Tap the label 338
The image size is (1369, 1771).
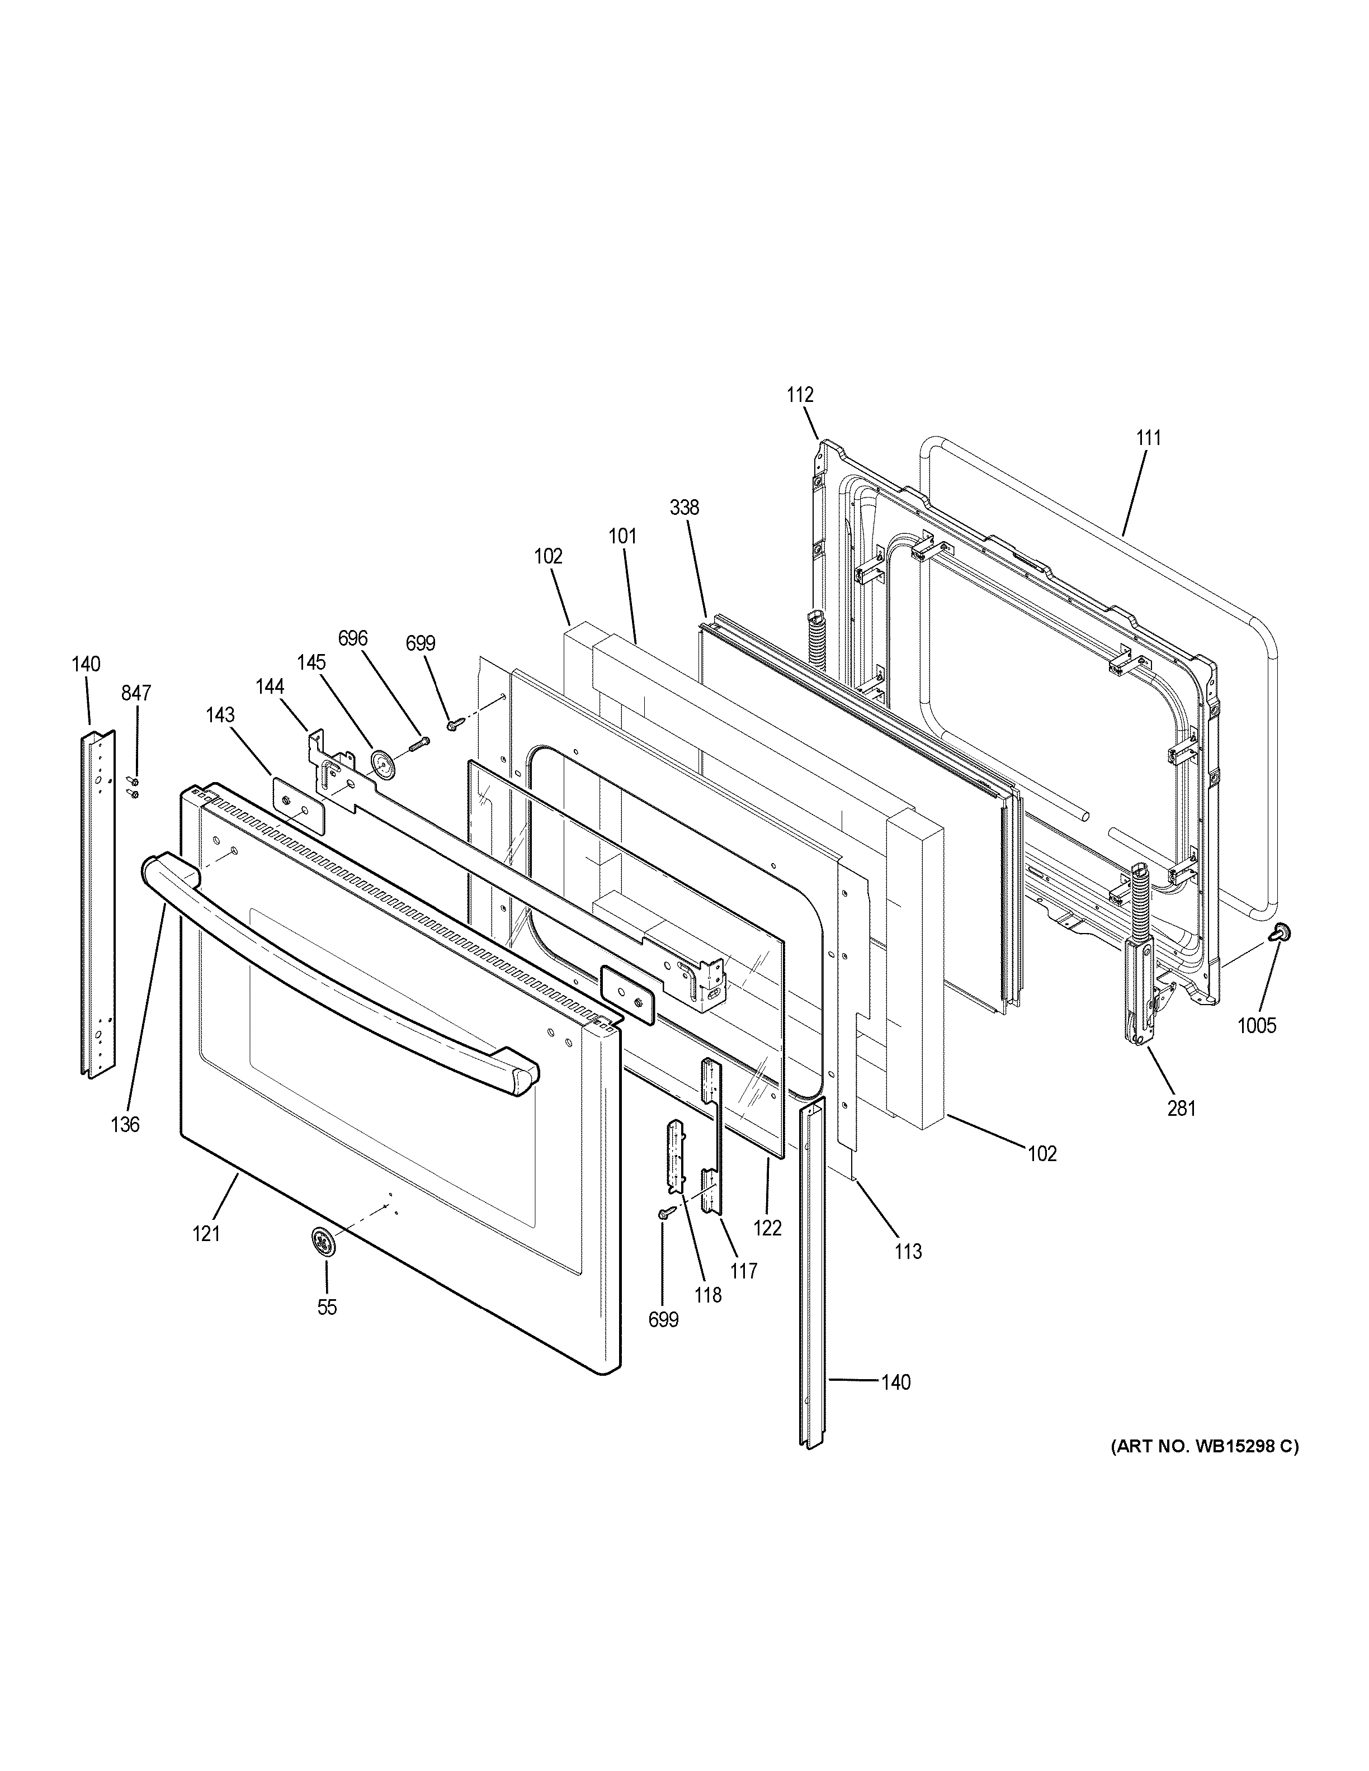point(684,508)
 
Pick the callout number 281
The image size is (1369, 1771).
point(1182,1107)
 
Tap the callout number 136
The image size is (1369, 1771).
point(126,1124)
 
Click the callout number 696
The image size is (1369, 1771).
point(353,638)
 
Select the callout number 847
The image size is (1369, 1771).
point(136,693)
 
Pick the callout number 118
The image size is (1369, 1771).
point(708,1295)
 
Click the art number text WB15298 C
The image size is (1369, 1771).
point(1205,1446)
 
